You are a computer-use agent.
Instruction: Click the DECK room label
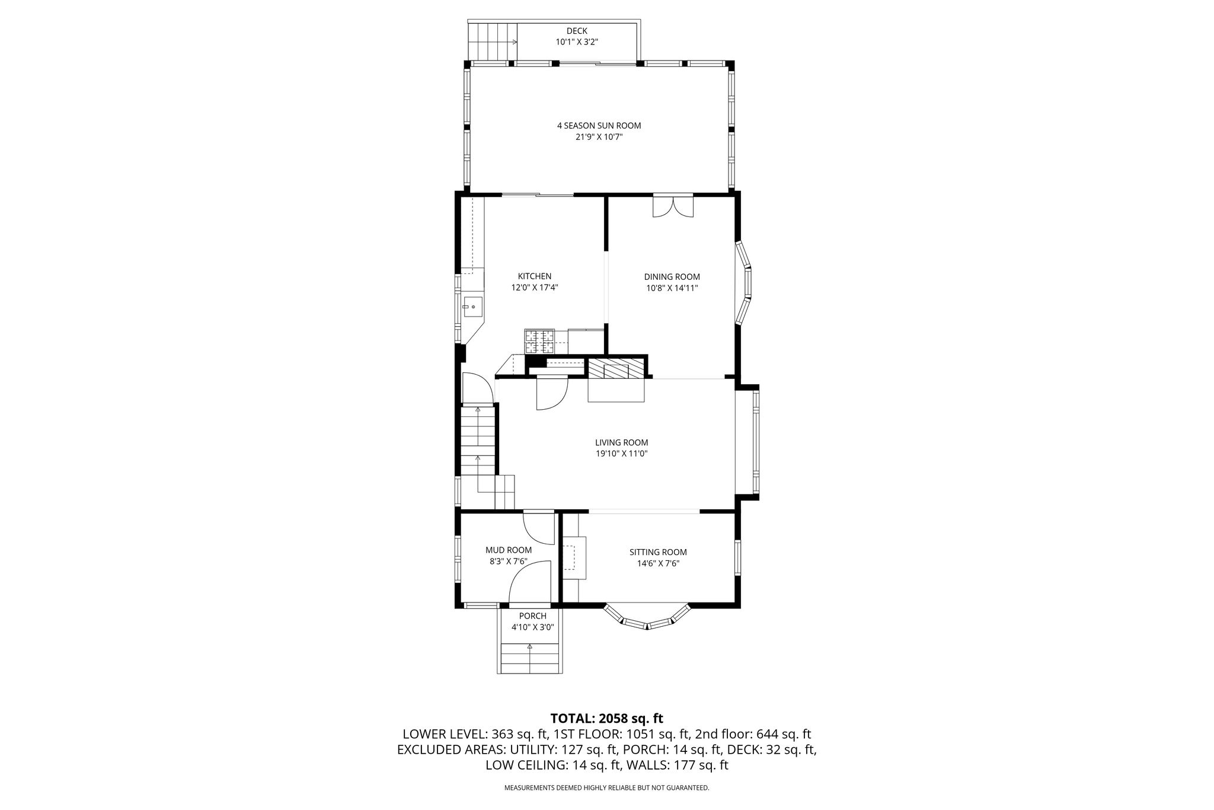coord(577,31)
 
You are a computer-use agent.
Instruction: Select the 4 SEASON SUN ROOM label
coord(599,126)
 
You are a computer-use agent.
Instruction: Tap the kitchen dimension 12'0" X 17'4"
coord(535,288)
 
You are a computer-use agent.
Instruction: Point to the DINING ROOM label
coord(672,277)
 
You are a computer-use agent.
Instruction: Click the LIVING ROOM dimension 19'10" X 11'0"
coord(621,454)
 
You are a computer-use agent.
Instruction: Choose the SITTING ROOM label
coord(658,552)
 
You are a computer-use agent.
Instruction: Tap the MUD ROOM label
coord(509,550)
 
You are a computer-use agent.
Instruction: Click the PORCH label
coord(532,616)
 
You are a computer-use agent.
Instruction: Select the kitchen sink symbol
coord(474,307)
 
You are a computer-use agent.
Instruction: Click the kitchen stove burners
coord(539,342)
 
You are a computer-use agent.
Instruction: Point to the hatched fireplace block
coord(616,368)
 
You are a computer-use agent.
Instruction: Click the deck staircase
coord(493,42)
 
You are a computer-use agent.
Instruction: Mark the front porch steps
coord(530,658)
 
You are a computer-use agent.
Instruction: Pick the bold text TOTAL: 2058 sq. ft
coord(607,719)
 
